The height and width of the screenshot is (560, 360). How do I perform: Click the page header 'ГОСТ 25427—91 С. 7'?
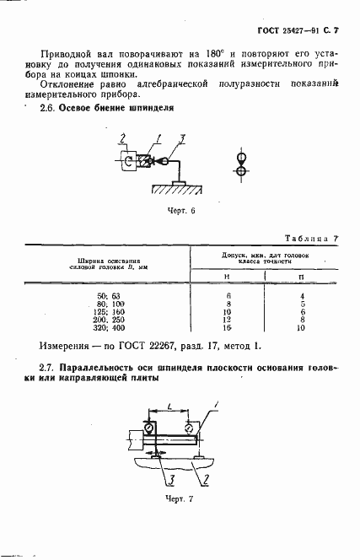pos(292,30)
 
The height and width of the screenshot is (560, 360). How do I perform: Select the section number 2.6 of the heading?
pos(50,109)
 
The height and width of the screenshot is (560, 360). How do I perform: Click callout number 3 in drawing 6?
pos(183,137)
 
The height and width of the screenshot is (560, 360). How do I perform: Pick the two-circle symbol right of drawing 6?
pos(242,164)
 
